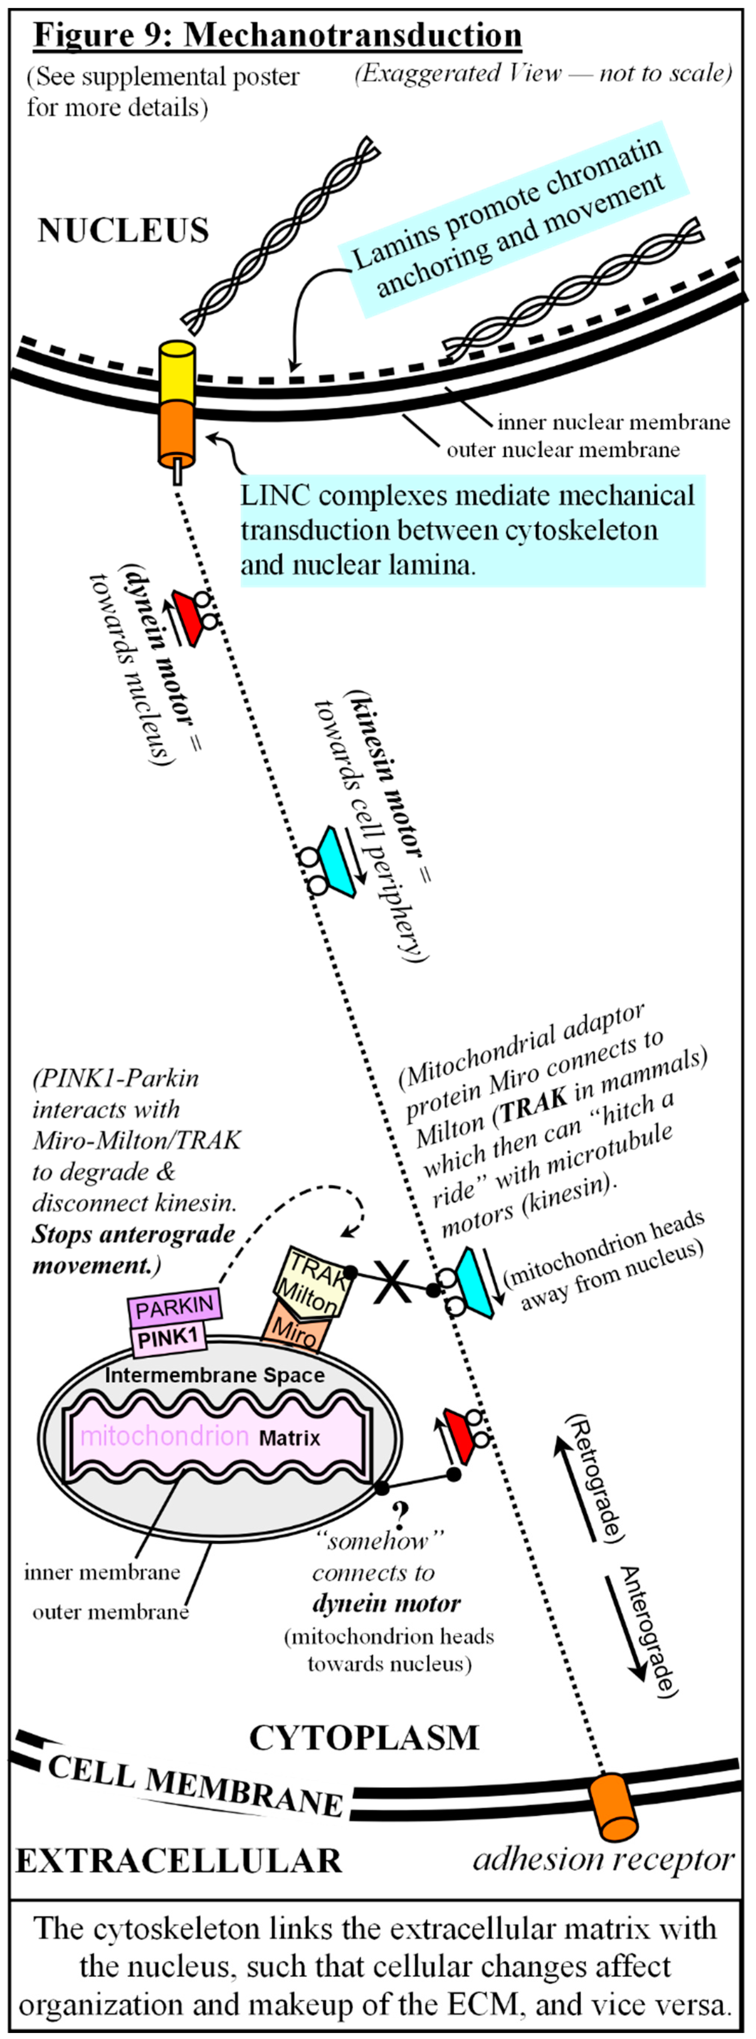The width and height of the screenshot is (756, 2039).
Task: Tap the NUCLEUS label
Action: click(x=124, y=230)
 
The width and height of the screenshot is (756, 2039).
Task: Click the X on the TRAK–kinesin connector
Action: click(x=391, y=1282)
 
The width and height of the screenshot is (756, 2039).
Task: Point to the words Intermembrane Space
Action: click(x=215, y=1375)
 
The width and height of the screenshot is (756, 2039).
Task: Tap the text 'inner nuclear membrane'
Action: click(x=613, y=422)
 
